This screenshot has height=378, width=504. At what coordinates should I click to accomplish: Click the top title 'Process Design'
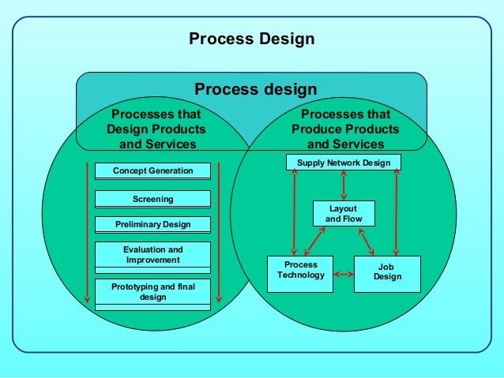[x=251, y=39]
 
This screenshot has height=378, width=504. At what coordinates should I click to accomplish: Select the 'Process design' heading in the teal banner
[x=256, y=89]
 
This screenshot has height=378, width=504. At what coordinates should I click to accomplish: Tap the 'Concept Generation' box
[x=152, y=170]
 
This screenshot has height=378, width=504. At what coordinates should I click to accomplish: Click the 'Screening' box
[x=152, y=199]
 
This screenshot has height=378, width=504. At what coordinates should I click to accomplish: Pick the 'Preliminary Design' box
[x=152, y=225]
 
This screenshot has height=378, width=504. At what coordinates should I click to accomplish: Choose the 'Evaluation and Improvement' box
[x=152, y=255]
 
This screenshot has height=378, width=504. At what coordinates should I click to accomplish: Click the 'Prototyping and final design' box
[x=152, y=291]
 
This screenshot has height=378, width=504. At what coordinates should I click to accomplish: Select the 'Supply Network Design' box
[x=344, y=163]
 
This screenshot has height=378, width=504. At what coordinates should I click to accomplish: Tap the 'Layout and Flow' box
[x=343, y=213]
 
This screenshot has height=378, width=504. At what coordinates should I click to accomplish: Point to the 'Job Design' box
[x=387, y=271]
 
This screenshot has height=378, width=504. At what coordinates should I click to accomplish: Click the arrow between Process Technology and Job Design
[x=344, y=275]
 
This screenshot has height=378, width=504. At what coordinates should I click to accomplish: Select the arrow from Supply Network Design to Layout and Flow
[x=343, y=185]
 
